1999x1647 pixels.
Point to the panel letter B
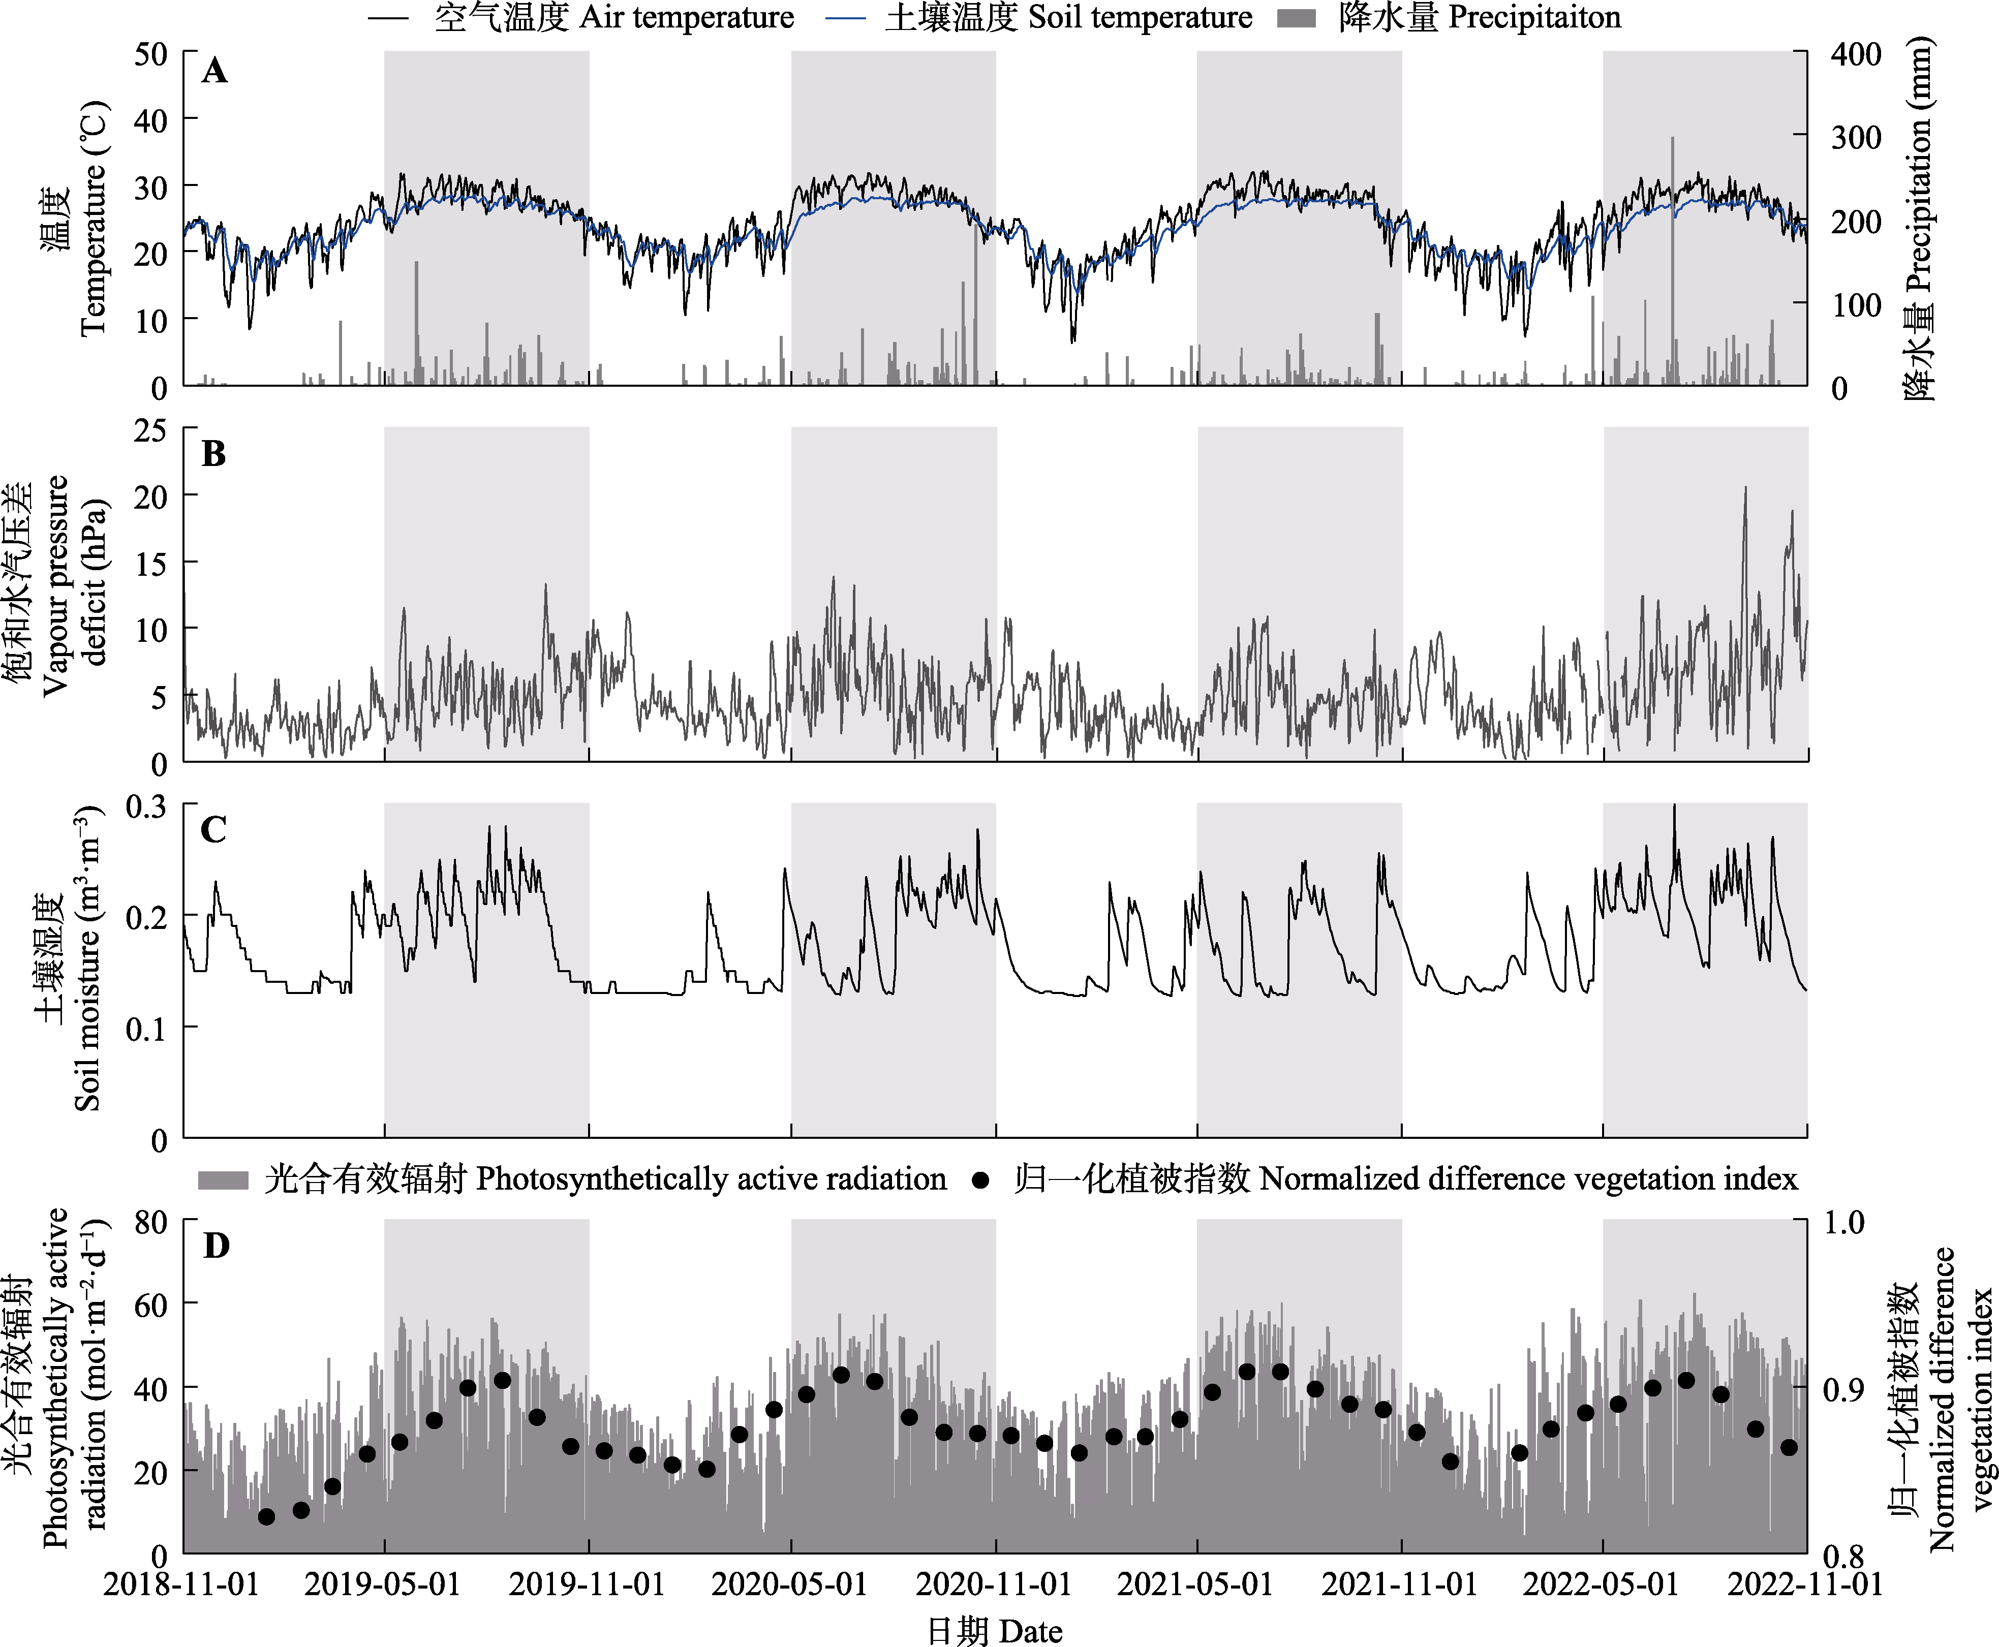click(x=214, y=454)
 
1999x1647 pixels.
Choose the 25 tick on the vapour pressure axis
click(x=150, y=431)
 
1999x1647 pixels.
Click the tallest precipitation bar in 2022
click(x=1673, y=256)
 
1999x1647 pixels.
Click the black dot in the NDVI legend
click(x=981, y=1180)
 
